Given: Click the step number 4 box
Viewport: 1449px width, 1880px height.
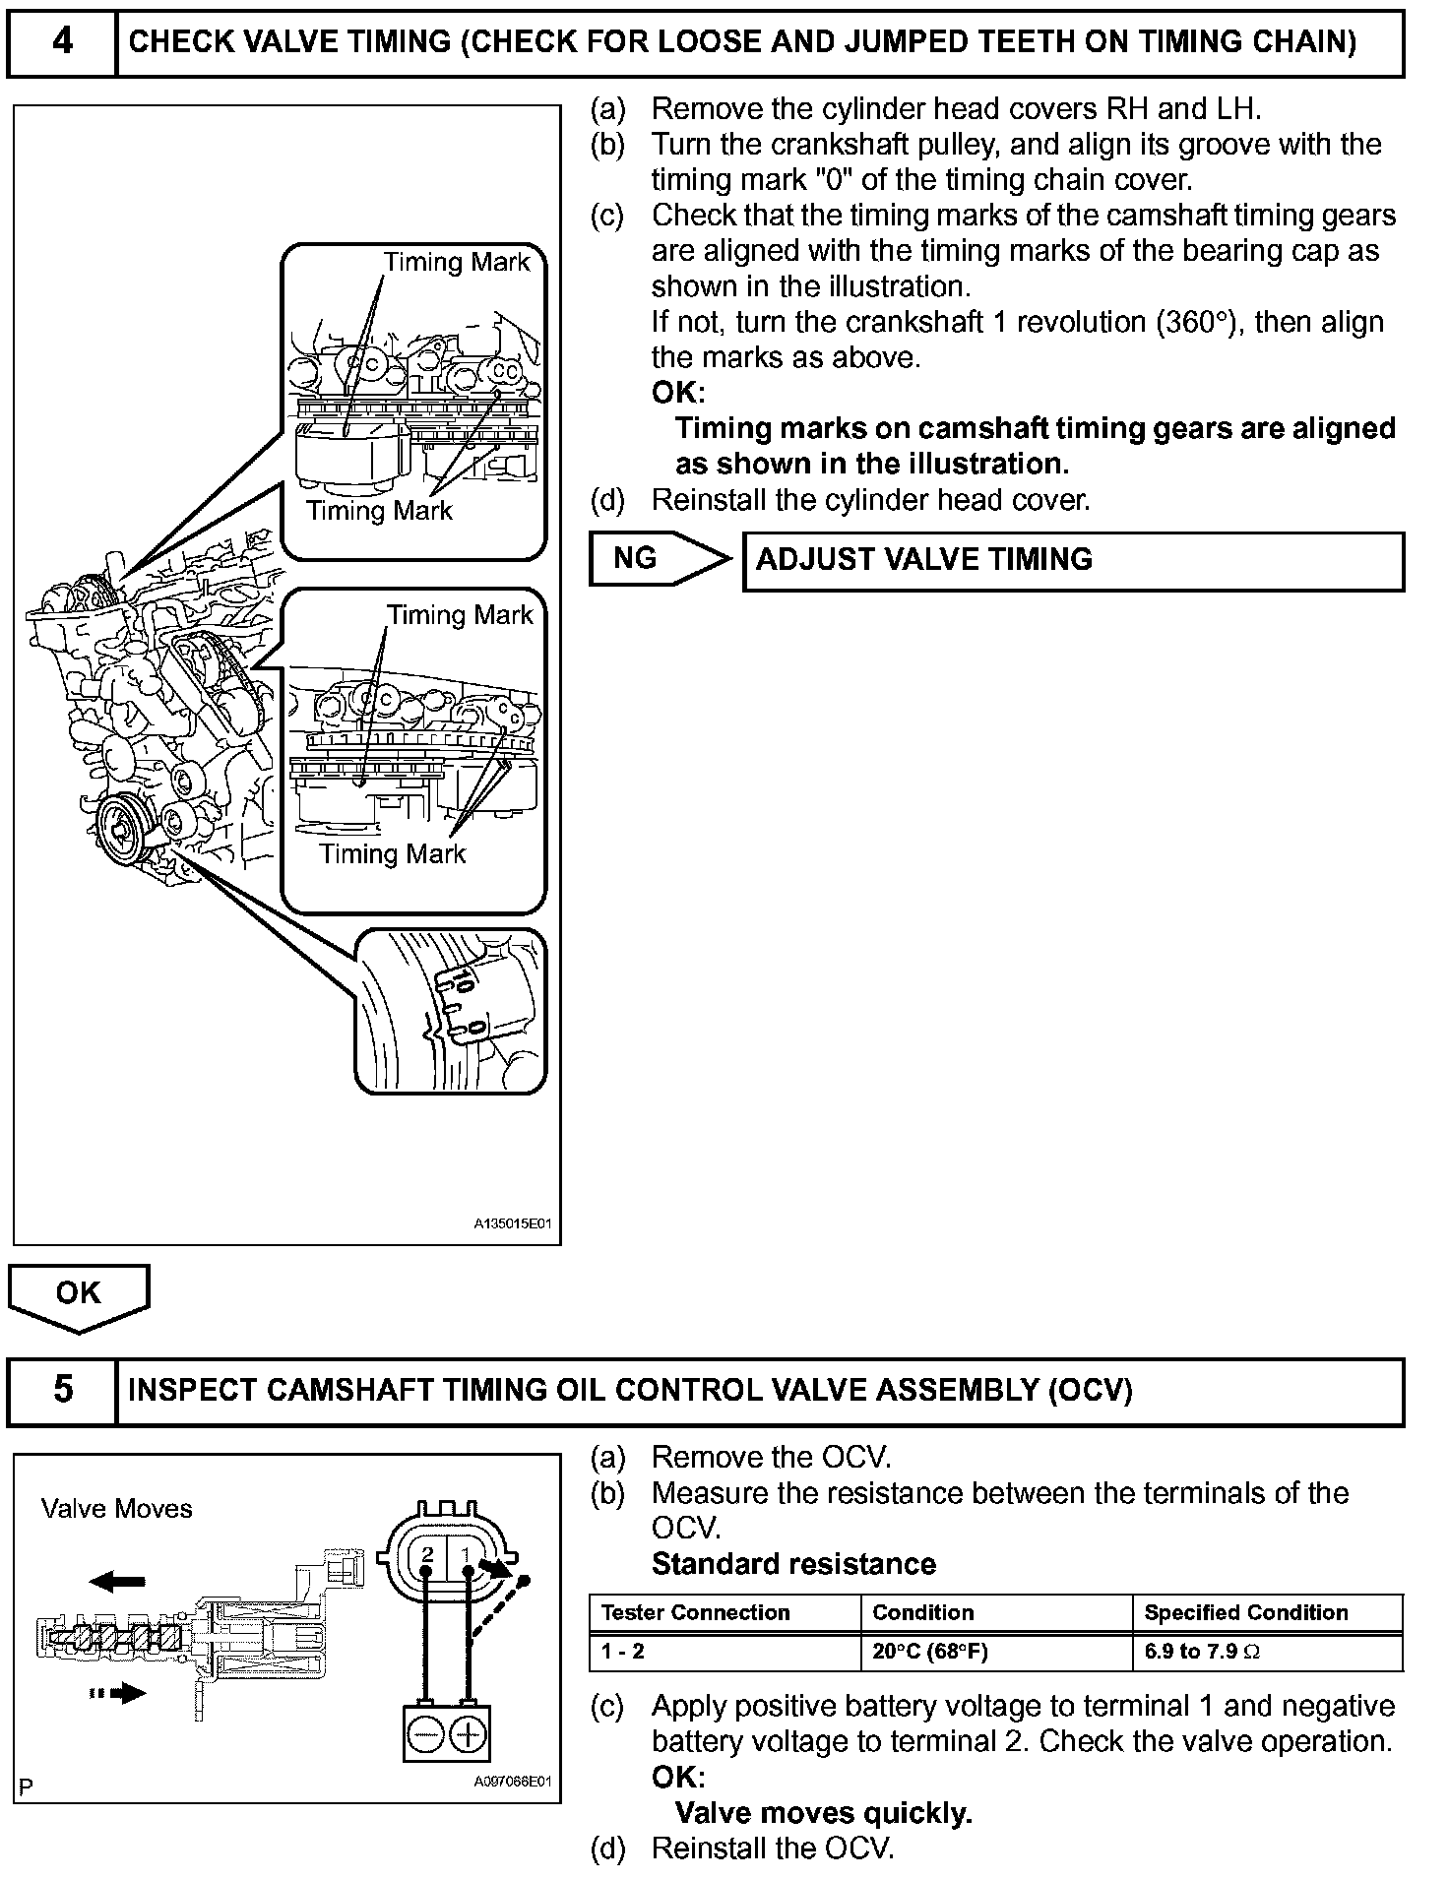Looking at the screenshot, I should (x=62, y=42).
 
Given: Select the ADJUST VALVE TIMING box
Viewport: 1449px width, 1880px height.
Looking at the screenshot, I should (x=1073, y=561).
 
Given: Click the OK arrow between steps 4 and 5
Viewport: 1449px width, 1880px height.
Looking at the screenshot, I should (x=79, y=1295).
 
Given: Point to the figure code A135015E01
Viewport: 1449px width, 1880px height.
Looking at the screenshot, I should (x=513, y=1224).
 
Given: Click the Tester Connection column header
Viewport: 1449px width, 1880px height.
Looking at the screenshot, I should (x=696, y=1612).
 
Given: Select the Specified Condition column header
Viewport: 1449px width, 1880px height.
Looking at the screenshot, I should (x=1246, y=1612).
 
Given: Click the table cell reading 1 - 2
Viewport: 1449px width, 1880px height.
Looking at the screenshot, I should (x=623, y=1651).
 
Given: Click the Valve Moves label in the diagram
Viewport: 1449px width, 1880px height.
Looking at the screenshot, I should (x=117, y=1509).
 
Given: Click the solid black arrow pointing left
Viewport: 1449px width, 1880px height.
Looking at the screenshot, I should (x=117, y=1582).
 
